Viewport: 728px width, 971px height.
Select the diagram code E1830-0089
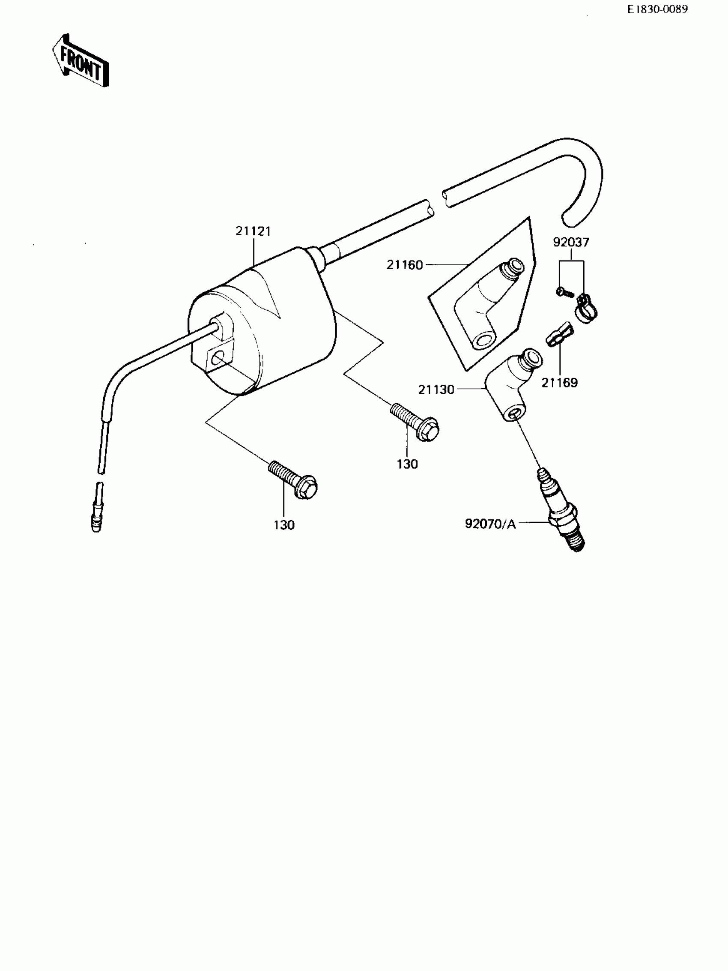657,10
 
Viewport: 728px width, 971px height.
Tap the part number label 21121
253,231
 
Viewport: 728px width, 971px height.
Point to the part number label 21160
404,265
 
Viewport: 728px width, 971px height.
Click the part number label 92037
570,242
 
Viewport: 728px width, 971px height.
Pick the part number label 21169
560,383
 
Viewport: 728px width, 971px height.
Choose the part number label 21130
436,390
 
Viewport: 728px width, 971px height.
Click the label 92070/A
490,524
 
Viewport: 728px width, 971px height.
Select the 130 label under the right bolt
407,464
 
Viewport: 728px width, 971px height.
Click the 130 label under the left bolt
284,525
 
